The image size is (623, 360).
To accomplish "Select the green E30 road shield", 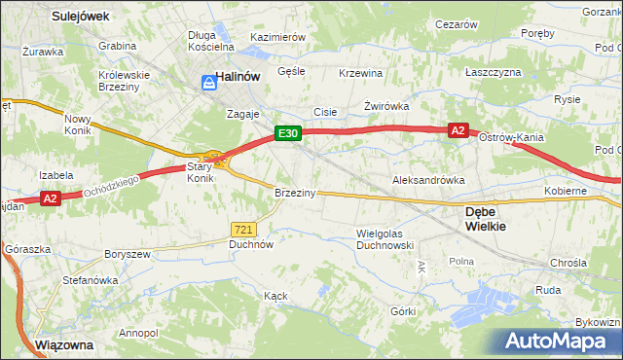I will coord(285,133).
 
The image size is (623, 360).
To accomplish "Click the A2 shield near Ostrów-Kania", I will coord(459,129).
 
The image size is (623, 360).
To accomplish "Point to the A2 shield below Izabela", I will coord(53,199).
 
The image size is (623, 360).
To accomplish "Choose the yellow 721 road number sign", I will coord(243,229).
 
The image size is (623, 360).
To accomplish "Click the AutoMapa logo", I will coord(556,341).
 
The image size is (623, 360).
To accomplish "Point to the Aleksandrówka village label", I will coord(427,180).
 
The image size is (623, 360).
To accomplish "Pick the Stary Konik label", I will coord(200,172).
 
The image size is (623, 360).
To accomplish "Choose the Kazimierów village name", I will coord(278,36).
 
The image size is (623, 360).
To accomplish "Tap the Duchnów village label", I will coord(250,245).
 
